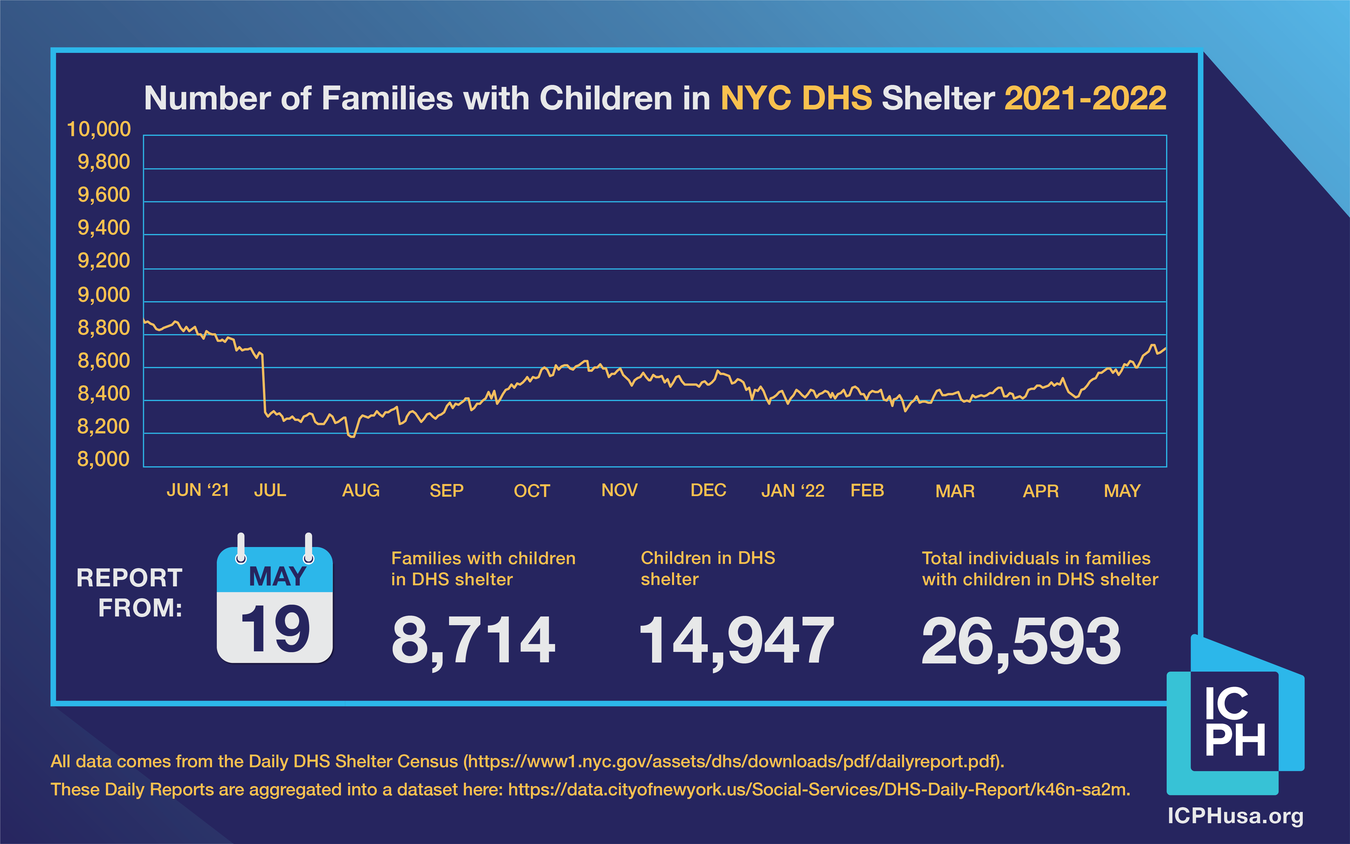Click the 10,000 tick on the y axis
(99, 129)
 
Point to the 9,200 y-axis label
(104, 261)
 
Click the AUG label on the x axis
(360, 491)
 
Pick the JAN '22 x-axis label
(792, 491)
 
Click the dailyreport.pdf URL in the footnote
(733, 761)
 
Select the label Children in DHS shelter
(708, 568)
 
